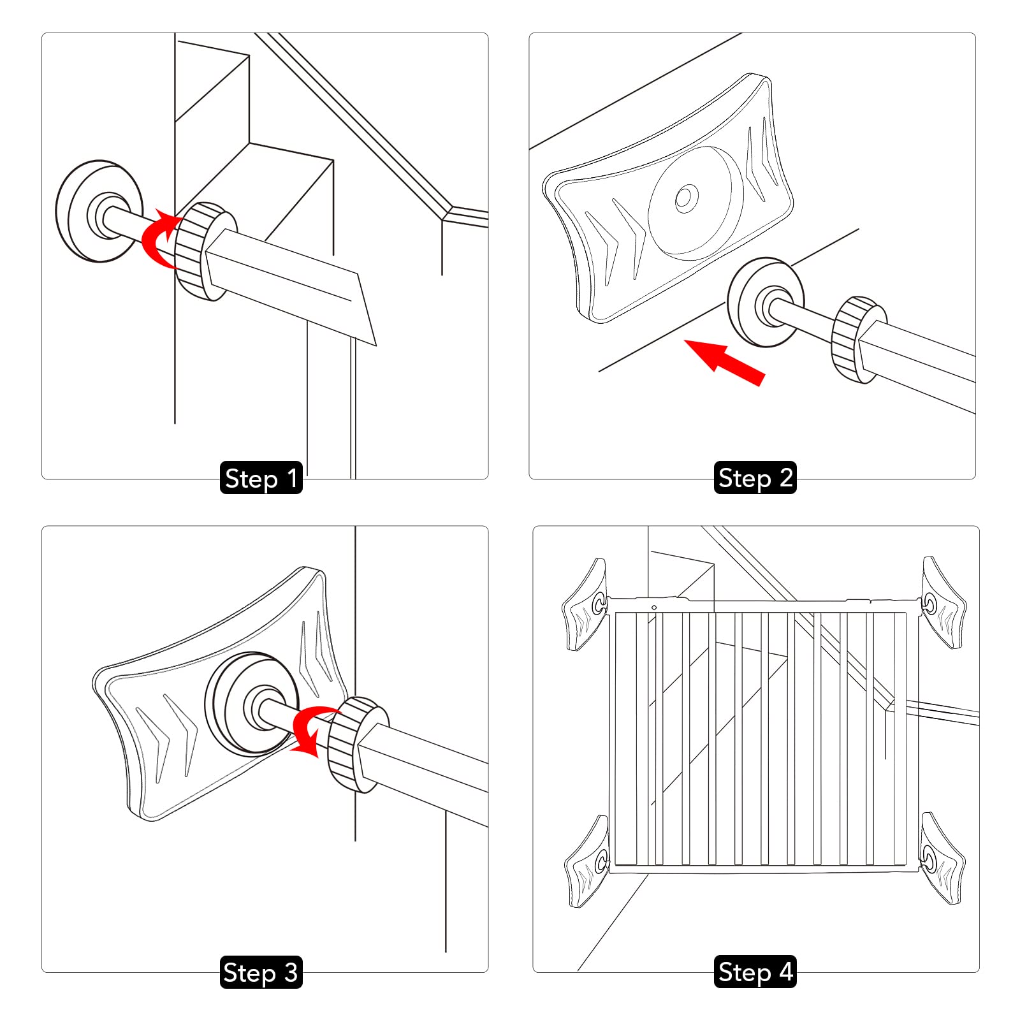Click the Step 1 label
(x=261, y=478)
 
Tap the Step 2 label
(x=755, y=477)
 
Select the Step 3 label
(x=261, y=972)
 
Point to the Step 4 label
(x=755, y=972)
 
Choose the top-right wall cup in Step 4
(x=944, y=603)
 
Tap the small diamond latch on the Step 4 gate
(x=654, y=608)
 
